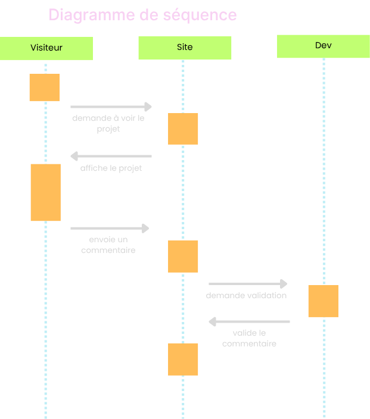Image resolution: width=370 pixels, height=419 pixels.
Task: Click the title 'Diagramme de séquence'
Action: point(142,15)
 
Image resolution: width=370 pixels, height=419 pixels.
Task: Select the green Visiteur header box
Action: point(46,48)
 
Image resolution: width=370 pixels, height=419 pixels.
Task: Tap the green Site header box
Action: point(185,48)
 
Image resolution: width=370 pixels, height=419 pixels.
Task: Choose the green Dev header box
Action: point(323,46)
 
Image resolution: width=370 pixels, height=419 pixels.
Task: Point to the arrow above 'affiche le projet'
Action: point(111,157)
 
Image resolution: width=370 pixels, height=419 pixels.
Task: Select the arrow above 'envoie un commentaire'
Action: point(110,228)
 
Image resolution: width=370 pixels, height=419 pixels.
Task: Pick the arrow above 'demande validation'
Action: point(248,284)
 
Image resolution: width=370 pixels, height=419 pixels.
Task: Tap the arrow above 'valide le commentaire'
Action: point(249,322)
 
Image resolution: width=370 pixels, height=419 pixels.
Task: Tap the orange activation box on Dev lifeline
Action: point(323,301)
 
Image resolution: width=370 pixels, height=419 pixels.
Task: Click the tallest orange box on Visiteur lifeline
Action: point(45,192)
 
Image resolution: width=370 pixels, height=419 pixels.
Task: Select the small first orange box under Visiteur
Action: point(45,87)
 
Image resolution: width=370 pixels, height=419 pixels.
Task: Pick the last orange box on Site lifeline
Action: point(183,359)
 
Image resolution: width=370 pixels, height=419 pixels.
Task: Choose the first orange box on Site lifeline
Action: point(183,129)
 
